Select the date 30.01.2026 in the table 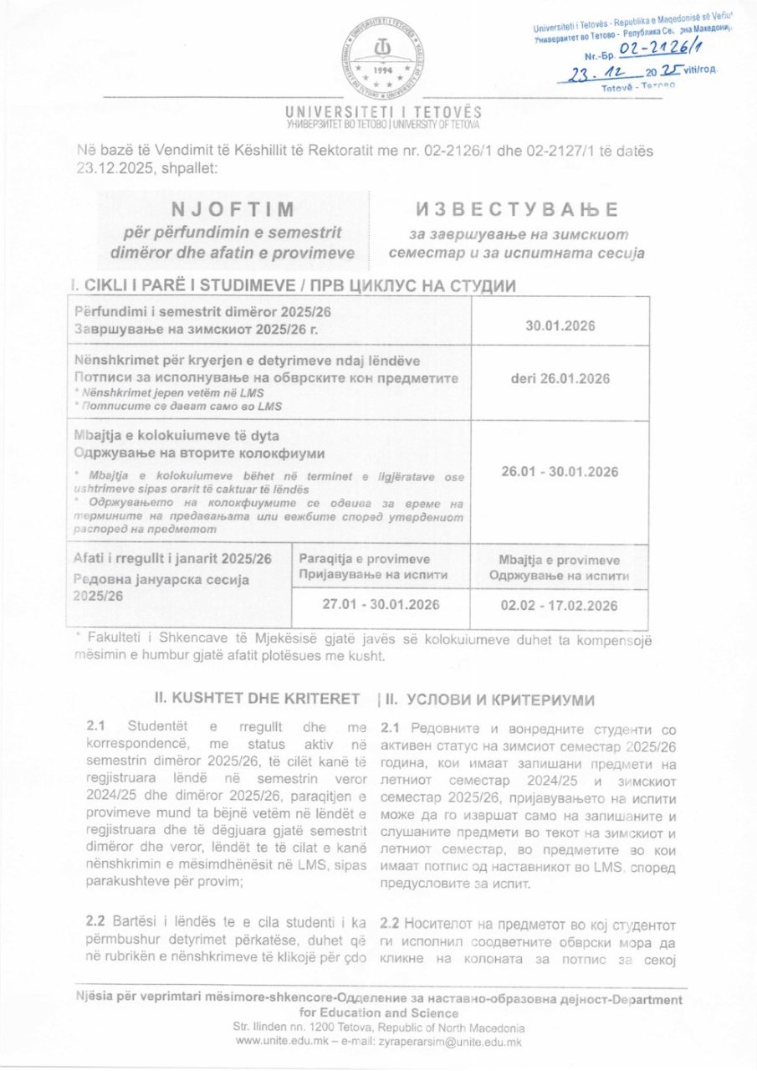coord(560,326)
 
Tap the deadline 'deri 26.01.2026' coord(560,378)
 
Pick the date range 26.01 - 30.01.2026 coord(560,472)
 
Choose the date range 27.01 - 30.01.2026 coord(381,606)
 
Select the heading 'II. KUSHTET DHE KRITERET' coord(258,698)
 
